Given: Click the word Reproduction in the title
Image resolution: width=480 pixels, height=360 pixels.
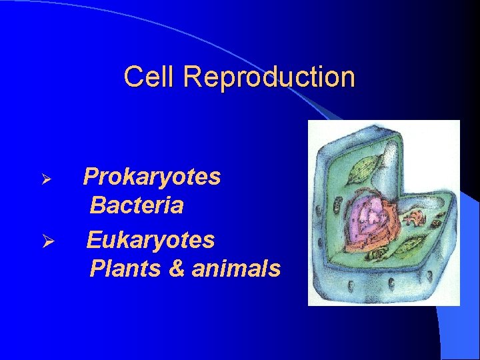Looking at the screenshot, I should (x=269, y=77).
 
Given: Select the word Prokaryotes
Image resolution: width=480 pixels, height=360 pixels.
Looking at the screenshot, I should (x=152, y=177).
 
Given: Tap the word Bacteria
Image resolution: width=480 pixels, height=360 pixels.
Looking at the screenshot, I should (x=137, y=205).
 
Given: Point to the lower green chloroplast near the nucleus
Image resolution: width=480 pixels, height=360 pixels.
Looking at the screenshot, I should (x=408, y=245).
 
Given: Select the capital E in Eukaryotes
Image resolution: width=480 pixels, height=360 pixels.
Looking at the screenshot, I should (x=94, y=239).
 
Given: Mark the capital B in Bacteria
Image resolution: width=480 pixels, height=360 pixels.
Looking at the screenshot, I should (x=98, y=205).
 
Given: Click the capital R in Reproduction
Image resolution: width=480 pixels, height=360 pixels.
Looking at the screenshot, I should (x=192, y=77).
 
